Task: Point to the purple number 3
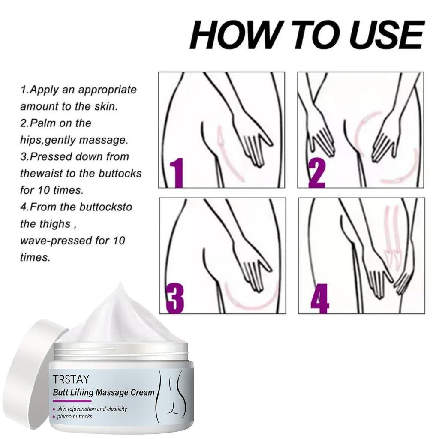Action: coord(175,299)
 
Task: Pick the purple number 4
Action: coord(319,299)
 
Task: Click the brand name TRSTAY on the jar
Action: coord(71,379)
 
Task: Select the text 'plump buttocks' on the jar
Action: coord(75,417)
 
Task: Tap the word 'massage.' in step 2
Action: coord(104,140)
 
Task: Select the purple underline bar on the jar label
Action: coord(68,401)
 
